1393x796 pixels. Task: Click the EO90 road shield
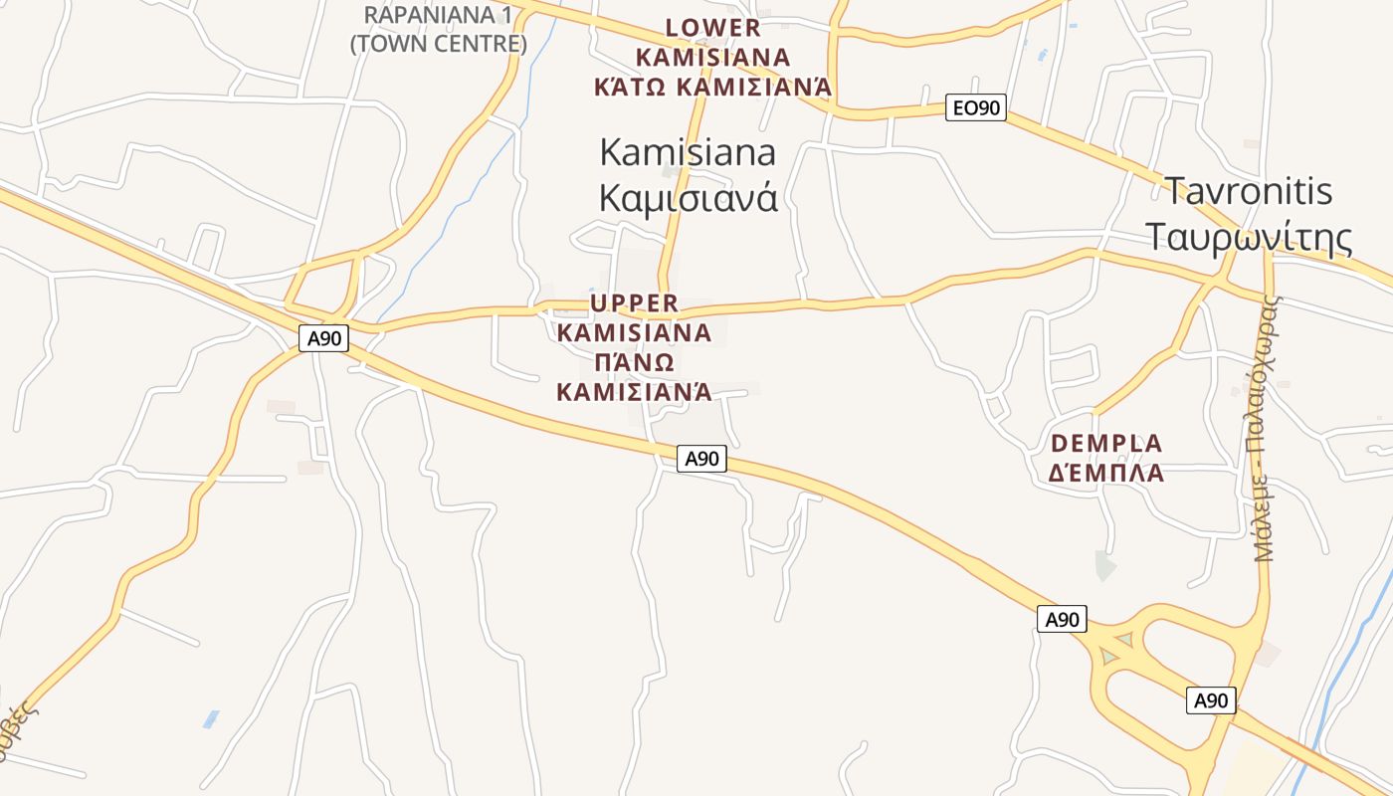point(976,107)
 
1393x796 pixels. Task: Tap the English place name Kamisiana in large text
point(688,152)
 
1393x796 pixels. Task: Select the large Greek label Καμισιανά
point(688,198)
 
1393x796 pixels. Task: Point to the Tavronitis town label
point(1248,190)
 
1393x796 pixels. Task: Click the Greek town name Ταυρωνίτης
point(1248,237)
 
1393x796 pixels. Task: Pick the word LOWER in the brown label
point(712,28)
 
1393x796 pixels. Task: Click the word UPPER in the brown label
point(634,302)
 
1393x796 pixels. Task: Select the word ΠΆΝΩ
point(634,361)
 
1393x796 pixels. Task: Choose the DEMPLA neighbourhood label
point(1105,443)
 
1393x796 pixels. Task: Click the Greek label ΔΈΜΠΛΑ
point(1105,473)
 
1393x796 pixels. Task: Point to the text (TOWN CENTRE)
point(438,44)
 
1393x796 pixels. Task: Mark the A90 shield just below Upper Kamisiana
point(701,459)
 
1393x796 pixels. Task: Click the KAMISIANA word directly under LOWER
point(712,57)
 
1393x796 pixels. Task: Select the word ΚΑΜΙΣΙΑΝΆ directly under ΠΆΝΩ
point(634,391)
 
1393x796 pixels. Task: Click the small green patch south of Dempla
point(1104,565)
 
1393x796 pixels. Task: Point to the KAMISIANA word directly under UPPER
point(634,332)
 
